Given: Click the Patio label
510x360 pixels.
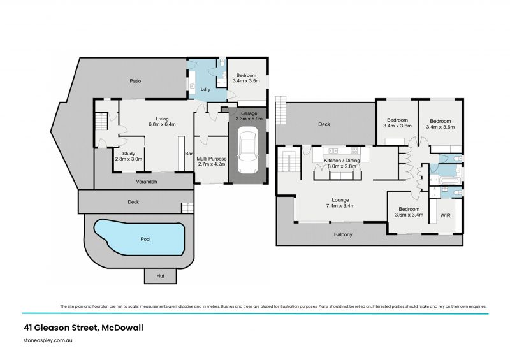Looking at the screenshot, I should click(135, 81).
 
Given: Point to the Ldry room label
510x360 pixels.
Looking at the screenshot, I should click(206, 89).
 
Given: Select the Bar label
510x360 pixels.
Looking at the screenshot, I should click(188, 154).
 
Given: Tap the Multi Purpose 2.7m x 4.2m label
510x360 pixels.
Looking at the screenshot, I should click(211, 161).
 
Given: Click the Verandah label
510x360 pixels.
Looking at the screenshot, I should click(147, 182).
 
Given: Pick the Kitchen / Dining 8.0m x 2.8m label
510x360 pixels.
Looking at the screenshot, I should click(342, 163).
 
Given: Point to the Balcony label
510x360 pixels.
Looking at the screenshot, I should click(342, 234).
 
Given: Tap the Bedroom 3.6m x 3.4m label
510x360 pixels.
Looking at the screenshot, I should click(408, 212).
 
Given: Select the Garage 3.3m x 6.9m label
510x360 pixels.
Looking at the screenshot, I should click(248, 116).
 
